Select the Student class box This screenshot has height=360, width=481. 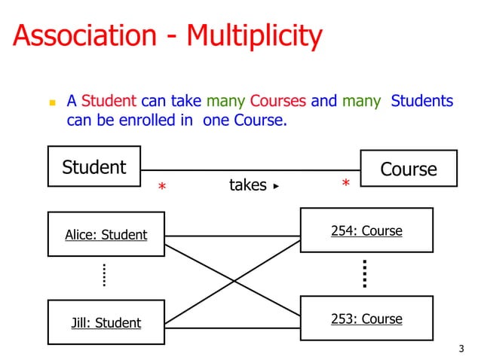coord(94,166)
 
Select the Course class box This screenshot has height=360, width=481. coord(409,169)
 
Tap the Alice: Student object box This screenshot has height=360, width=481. coord(106,234)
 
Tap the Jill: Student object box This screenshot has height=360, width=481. coord(106,322)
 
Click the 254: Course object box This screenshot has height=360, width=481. coord(366,230)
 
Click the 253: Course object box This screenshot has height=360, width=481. coord(366,319)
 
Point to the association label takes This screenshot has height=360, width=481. coord(247,185)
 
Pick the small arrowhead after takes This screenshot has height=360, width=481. coord(276,185)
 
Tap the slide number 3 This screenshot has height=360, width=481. coord(461,349)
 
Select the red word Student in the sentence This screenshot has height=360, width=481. coord(109,101)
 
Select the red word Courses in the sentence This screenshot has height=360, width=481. coord(277,101)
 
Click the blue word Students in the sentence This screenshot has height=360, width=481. coord(421,101)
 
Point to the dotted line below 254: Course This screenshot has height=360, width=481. coord(364,274)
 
